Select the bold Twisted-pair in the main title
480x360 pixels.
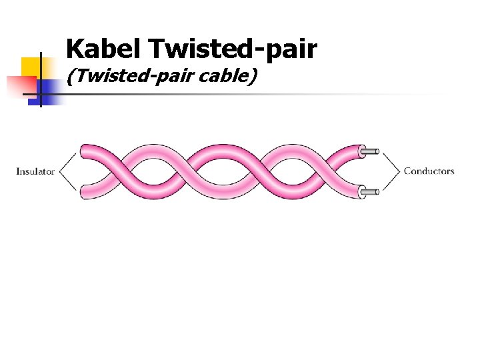pyautogui.click(x=233, y=49)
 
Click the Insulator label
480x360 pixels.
pyautogui.click(x=35, y=171)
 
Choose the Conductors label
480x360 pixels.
pyautogui.click(x=429, y=171)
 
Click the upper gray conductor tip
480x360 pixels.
pyautogui.click(x=371, y=152)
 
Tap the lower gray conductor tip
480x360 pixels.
pyautogui.click(x=371, y=192)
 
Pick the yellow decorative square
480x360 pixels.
pyautogui.click(x=31, y=67)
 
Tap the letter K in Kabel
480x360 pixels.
pyautogui.click(x=75, y=49)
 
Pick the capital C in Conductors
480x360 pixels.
pyautogui.click(x=407, y=171)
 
